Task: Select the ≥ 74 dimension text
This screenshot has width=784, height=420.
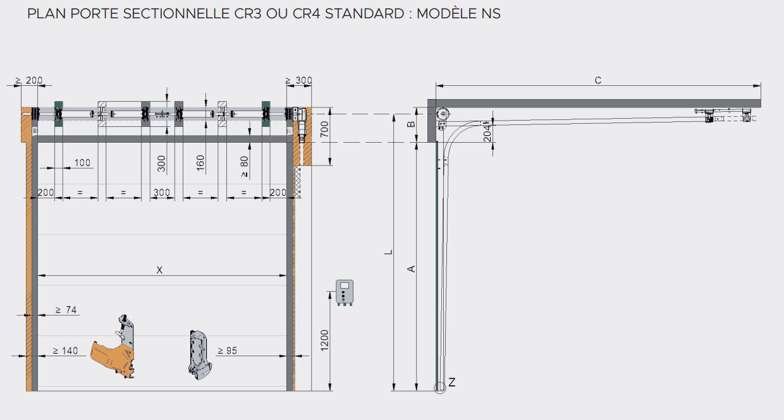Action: pyautogui.click(x=66, y=310)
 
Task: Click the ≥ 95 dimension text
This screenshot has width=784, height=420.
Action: pyautogui.click(x=227, y=351)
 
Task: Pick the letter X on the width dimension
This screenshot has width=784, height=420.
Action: pyautogui.click(x=159, y=270)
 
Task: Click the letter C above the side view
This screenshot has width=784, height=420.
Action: pyautogui.click(x=598, y=80)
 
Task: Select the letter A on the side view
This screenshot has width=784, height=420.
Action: pyautogui.click(x=411, y=268)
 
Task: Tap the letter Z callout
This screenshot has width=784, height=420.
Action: pyautogui.click(x=451, y=382)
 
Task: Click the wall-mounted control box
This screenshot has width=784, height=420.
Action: pyautogui.click(x=345, y=292)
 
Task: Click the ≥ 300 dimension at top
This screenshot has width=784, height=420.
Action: pyautogui.click(x=298, y=81)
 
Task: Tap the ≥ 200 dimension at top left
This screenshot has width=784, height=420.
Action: pyautogui.click(x=29, y=81)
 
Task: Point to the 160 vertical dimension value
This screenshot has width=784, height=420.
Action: pyautogui.click(x=200, y=162)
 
